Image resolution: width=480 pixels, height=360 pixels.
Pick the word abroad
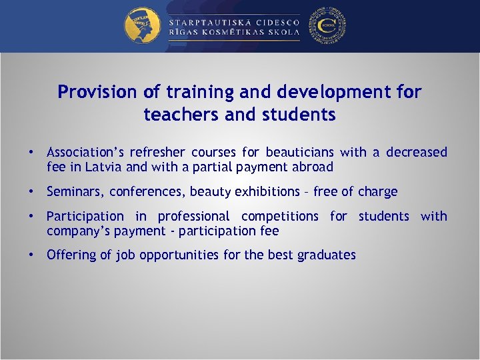(312, 167)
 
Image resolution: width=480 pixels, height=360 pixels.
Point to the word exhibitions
(266, 192)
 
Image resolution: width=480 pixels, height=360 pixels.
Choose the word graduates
(327, 255)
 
